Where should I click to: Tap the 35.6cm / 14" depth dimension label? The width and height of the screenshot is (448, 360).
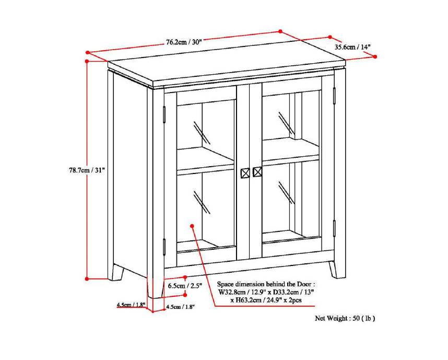tap(352, 47)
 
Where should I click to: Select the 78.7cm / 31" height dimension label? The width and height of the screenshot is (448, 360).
tap(87, 170)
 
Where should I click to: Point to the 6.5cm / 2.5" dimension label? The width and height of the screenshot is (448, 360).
tap(185, 286)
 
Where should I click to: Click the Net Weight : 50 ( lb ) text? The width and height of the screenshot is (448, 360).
tap(345, 318)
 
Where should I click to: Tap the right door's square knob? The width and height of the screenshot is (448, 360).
tap(257, 172)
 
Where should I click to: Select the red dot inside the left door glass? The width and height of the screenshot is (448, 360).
tap(193, 226)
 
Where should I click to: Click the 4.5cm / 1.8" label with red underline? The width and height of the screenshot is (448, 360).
tap(131, 305)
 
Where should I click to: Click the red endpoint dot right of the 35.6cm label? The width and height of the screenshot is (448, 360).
tap(376, 56)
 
